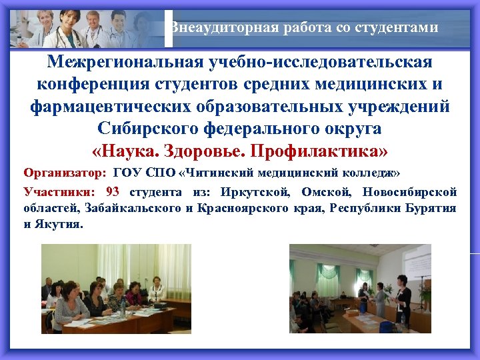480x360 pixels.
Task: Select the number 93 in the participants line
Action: (113, 192)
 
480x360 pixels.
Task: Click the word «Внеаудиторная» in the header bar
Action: (211, 28)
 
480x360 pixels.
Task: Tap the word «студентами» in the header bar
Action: (398, 28)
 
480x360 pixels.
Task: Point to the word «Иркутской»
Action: (255, 193)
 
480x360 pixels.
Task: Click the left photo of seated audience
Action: (116, 287)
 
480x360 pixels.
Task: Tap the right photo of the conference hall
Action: (359, 287)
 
